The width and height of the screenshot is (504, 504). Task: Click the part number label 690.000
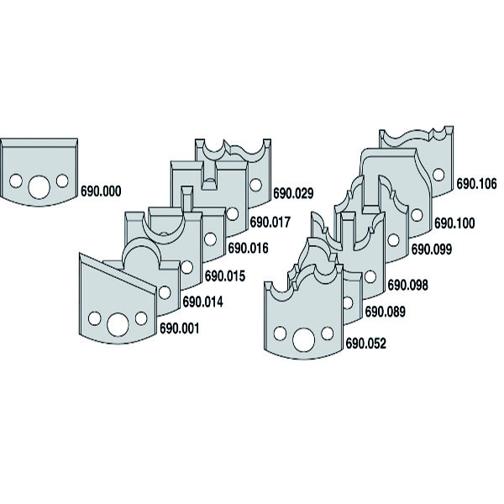pos(101,192)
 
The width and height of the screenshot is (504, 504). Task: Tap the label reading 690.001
pos(180,328)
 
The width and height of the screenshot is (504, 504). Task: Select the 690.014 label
pos(202,302)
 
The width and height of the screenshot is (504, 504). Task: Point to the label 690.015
pos(225,276)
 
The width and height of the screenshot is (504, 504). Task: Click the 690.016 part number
pos(248,248)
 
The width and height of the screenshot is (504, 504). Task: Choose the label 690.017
pos(270,222)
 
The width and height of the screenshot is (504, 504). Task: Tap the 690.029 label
pos(293,193)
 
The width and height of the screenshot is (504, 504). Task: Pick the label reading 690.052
pos(365,344)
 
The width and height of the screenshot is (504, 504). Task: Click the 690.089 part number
pos(386,312)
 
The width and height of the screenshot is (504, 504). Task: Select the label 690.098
pos(408,285)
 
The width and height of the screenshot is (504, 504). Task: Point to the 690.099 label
pos(432,249)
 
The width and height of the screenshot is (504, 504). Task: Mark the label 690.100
pos(454,223)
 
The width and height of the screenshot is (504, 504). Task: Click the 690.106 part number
pos(477,184)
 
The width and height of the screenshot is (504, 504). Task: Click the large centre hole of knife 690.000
pos(39,186)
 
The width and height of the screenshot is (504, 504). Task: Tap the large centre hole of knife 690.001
pos(118,324)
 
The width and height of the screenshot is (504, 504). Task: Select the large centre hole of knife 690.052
pos(303,340)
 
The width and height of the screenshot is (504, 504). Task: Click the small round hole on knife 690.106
pos(438,175)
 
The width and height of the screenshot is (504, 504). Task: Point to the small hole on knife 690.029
pos(256,185)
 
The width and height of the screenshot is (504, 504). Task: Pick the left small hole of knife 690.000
pos(16,181)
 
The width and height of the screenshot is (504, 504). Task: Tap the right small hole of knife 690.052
pos(328,333)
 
